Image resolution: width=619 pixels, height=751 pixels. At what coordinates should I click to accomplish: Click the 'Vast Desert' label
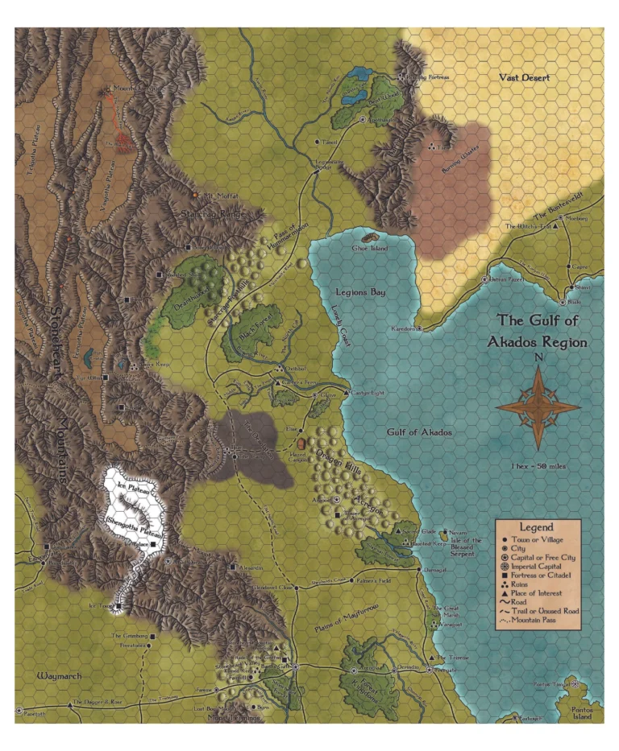pos(523,78)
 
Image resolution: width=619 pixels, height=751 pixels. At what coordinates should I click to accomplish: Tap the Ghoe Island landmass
pos(371,238)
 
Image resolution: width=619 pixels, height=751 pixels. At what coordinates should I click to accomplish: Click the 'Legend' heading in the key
pos(535,526)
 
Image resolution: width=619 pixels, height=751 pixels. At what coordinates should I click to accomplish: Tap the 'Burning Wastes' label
pos(453,170)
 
